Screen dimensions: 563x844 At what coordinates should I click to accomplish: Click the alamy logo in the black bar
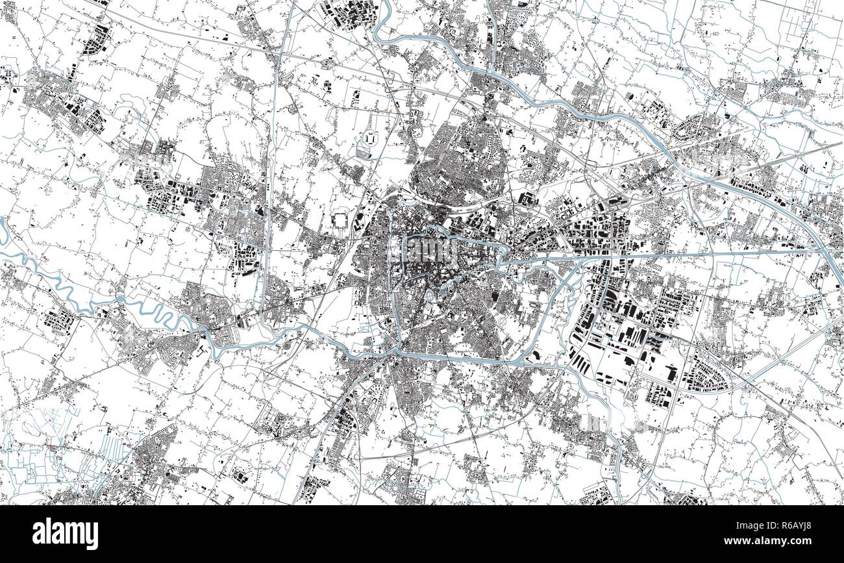pyautogui.click(x=66, y=534)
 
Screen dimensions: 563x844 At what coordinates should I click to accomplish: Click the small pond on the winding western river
pyautogui.click(x=120, y=298)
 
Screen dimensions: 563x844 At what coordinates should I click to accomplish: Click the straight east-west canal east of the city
pyautogui.click(x=649, y=255)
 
